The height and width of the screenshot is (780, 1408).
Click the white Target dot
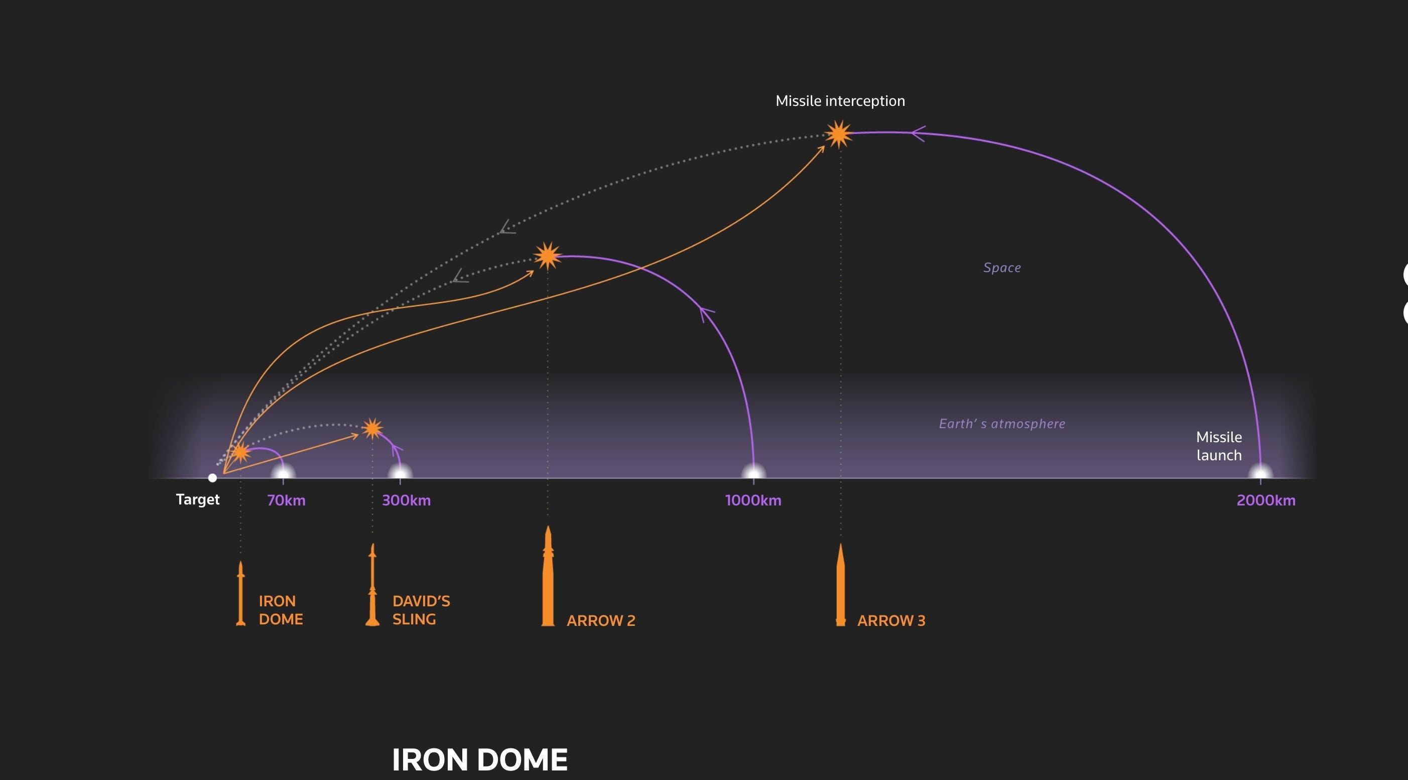[213, 478]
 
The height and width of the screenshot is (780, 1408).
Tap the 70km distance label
[286, 500]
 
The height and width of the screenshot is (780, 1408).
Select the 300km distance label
[406, 500]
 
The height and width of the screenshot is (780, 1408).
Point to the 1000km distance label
[752, 500]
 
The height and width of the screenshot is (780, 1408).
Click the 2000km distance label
[1266, 500]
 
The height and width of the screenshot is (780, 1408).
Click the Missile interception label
[840, 101]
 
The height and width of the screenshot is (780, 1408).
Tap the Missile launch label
[1219, 446]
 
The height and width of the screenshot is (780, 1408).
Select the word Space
[1002, 268]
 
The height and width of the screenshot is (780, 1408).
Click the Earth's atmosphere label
[1002, 424]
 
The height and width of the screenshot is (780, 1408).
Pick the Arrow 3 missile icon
[841, 585]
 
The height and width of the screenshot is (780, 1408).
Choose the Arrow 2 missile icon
[548, 577]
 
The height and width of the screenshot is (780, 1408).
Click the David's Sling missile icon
[372, 585]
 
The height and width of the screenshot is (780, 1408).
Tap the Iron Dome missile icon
[240, 594]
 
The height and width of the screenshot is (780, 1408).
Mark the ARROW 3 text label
[891, 620]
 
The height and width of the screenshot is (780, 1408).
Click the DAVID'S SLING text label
[421, 610]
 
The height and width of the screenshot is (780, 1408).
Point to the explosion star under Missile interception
[838, 134]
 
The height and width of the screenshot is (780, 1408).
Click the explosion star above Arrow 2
[547, 256]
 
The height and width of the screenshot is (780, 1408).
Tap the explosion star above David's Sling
[372, 429]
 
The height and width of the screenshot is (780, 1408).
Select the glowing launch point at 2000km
[1260, 472]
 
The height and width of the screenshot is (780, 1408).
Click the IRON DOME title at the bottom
[479, 759]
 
